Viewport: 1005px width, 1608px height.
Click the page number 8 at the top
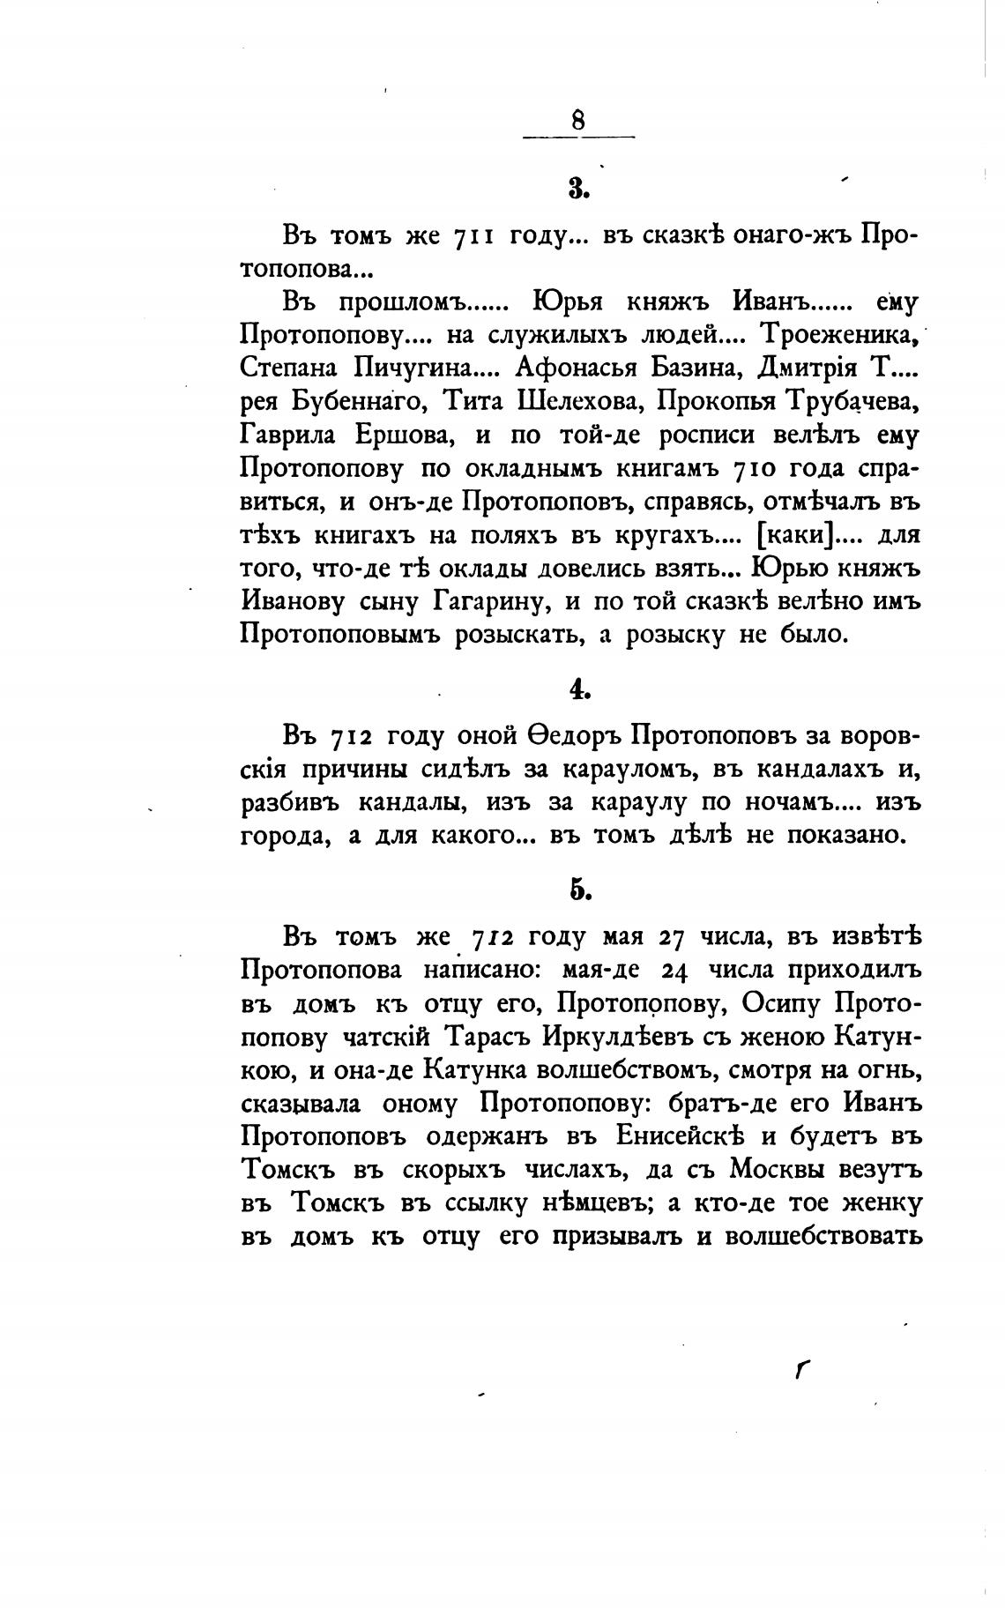click(578, 120)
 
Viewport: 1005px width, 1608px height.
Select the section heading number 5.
click(578, 890)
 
